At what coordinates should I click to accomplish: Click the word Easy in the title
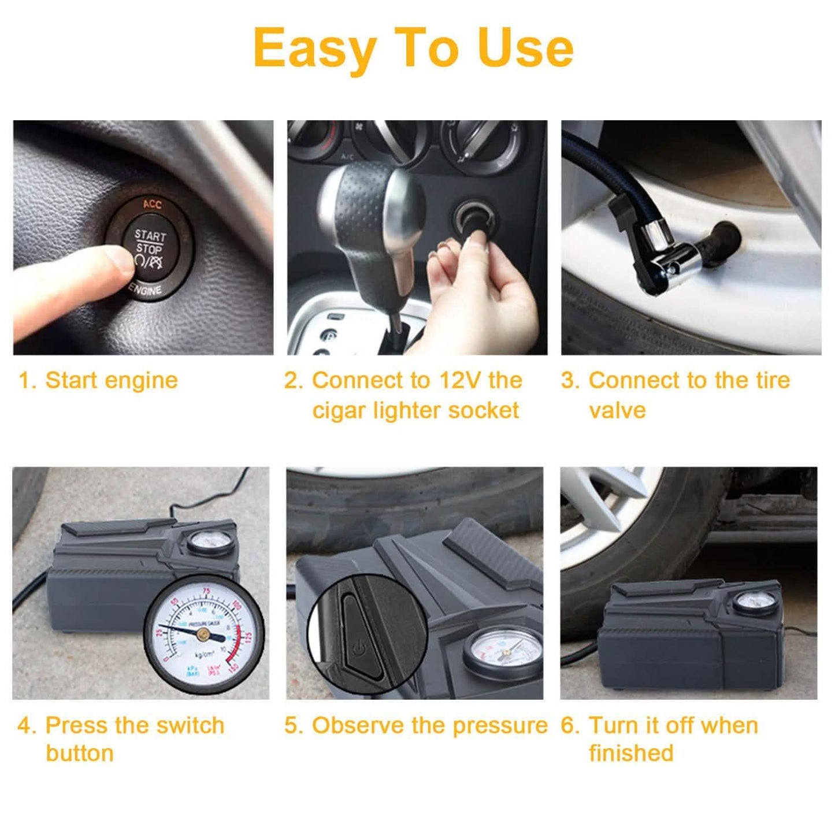[316, 49]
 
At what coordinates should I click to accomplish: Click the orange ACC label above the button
[153, 204]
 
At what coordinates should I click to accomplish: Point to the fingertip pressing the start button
[118, 261]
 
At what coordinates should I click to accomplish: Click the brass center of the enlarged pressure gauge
[203, 634]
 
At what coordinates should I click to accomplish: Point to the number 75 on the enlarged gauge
[206, 591]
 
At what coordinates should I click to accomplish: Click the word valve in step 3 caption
[617, 410]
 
